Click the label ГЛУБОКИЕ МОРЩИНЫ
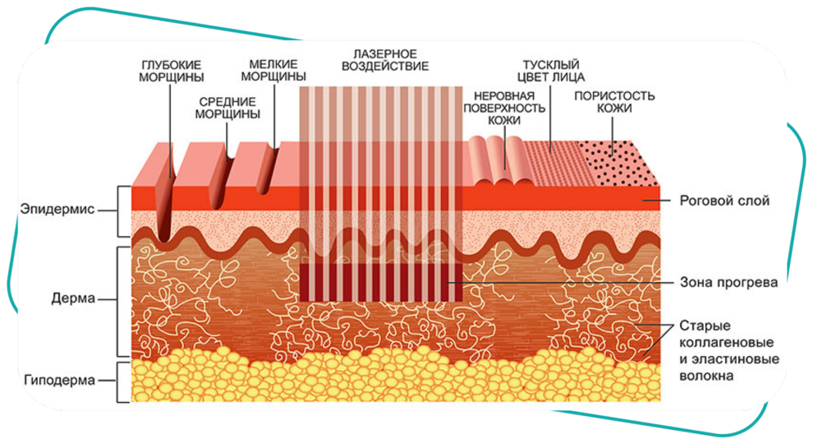point(171,72)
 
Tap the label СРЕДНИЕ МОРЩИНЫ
point(227,108)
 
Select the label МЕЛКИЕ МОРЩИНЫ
point(273,70)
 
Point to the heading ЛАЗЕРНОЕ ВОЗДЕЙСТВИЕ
point(384,60)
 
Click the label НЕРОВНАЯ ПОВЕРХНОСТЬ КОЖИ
point(504,108)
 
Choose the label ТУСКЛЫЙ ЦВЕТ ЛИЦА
point(551,72)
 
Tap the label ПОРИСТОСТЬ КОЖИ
point(614,102)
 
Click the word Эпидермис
point(57,210)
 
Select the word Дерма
point(73,298)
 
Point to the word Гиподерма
point(60,380)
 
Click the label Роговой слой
point(724,201)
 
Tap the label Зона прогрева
point(728,282)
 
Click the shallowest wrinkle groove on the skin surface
point(268,170)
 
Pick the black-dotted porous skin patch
point(618,163)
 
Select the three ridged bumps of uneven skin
point(501,160)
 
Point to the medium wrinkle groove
point(219,179)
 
